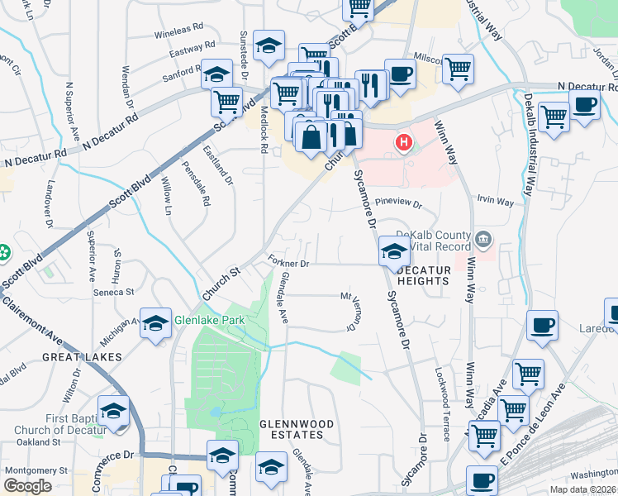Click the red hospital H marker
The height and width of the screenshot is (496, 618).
pyautogui.click(x=404, y=142)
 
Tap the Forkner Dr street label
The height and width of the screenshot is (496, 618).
pyautogui.click(x=288, y=263)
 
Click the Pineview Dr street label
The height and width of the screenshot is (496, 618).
pyautogui.click(x=398, y=203)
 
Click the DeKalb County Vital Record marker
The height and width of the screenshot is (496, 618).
pyautogui.click(x=483, y=241)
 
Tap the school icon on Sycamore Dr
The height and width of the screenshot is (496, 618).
pyautogui.click(x=394, y=250)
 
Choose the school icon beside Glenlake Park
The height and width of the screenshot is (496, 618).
pyautogui.click(x=155, y=324)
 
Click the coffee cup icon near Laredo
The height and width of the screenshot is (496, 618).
pyautogui.click(x=542, y=325)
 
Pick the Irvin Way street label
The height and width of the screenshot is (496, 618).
pyautogui.click(x=496, y=201)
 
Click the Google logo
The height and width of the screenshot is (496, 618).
pyautogui.click(x=27, y=485)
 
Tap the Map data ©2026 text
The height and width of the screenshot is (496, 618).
pyautogui.click(x=583, y=489)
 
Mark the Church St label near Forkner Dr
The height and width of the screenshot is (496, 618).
pyautogui.click(x=220, y=283)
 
